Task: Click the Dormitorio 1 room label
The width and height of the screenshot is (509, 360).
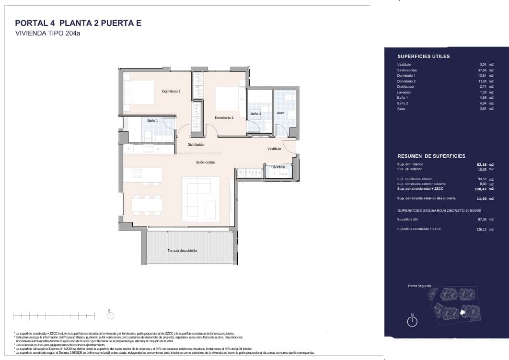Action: (171, 91)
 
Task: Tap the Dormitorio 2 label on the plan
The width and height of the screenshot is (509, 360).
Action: (224, 117)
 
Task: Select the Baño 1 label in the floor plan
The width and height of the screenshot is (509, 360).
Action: (152, 120)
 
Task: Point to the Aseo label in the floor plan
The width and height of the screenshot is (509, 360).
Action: (280, 113)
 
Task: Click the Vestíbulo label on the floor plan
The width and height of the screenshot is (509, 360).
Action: (274, 149)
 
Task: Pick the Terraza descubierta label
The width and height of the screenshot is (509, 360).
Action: (182, 251)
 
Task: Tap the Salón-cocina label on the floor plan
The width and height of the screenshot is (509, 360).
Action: (205, 162)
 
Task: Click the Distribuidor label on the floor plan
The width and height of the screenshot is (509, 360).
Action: (196, 144)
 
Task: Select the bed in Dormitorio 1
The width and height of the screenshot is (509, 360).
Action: (139, 92)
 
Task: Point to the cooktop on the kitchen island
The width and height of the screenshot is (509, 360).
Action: (137, 174)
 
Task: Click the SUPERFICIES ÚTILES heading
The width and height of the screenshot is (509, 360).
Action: (423, 56)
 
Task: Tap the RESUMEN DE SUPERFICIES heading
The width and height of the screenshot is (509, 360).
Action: (431, 156)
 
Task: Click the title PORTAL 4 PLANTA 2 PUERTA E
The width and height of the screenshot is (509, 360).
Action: (78, 23)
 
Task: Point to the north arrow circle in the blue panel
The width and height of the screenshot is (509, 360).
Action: (412, 322)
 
